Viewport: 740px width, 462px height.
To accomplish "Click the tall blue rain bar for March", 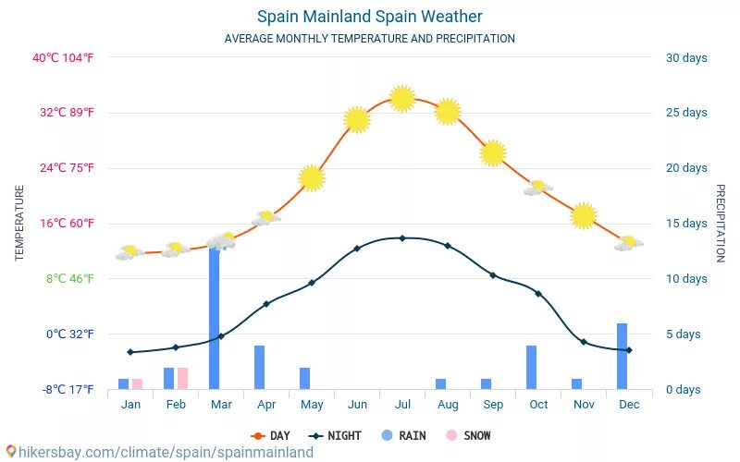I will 214,319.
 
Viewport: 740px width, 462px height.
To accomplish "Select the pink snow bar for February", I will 182,378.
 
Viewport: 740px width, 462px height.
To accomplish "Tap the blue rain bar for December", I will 623,356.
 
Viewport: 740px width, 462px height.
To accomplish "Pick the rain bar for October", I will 532,367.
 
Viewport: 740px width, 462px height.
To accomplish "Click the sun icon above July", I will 401,98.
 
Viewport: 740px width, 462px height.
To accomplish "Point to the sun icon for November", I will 583,216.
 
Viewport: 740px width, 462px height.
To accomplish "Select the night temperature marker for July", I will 402,237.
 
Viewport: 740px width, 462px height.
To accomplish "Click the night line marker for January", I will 130,352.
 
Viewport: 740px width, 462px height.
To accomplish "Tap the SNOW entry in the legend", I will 469,435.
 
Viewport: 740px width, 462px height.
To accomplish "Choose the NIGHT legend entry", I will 336,435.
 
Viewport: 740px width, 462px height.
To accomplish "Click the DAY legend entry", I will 271,435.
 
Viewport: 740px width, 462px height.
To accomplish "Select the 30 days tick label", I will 686,57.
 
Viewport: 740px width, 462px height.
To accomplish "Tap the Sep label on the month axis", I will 493,405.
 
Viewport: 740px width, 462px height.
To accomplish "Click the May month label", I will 312,405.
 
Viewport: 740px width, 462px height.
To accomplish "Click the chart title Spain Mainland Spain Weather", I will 369,17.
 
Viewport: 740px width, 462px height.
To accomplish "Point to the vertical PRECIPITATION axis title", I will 721,223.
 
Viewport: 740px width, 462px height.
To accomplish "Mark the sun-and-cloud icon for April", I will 266,219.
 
